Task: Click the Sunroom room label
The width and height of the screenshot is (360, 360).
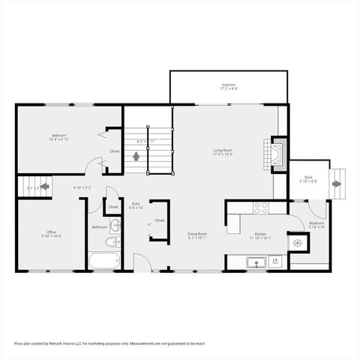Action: click(228, 85)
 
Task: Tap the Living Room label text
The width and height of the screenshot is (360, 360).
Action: click(223, 150)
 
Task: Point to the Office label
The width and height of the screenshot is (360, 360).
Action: click(52, 232)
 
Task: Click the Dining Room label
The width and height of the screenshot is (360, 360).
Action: click(197, 234)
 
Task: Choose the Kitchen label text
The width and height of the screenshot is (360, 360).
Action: click(260, 235)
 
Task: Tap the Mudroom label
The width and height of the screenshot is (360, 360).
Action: click(316, 223)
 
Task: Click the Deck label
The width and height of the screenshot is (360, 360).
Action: click(308, 178)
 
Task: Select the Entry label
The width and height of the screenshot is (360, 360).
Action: click(136, 203)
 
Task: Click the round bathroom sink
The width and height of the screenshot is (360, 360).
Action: click(116, 225)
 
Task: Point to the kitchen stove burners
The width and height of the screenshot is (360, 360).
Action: click(261, 207)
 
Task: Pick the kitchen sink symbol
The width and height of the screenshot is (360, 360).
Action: click(256, 262)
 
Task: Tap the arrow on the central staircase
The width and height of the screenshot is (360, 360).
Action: click(136, 156)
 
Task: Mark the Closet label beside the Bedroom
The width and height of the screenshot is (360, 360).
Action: click(115, 151)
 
